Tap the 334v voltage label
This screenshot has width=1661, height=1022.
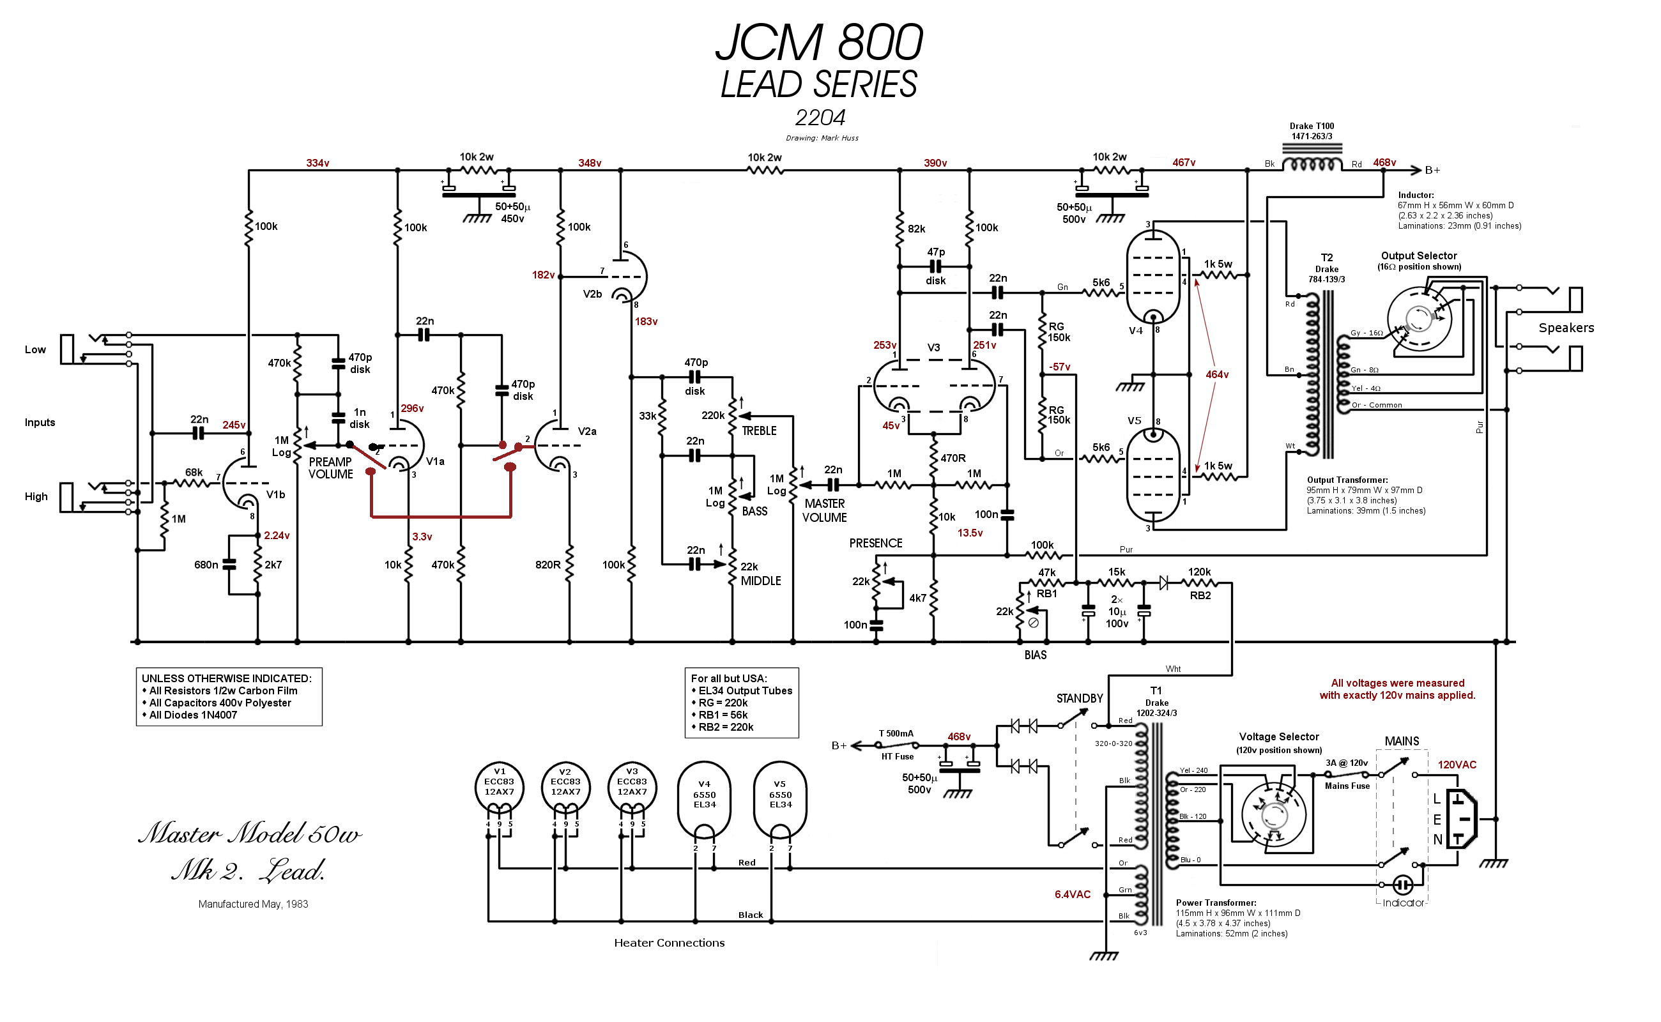point(318,164)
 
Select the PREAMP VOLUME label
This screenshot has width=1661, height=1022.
point(330,468)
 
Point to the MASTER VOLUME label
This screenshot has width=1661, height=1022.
point(825,511)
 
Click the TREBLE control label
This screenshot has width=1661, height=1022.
point(759,431)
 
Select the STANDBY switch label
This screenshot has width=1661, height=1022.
point(1080,699)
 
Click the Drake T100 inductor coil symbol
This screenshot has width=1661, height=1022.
point(1312,165)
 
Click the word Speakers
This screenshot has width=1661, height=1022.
point(1566,328)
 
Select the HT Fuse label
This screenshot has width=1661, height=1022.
point(898,757)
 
